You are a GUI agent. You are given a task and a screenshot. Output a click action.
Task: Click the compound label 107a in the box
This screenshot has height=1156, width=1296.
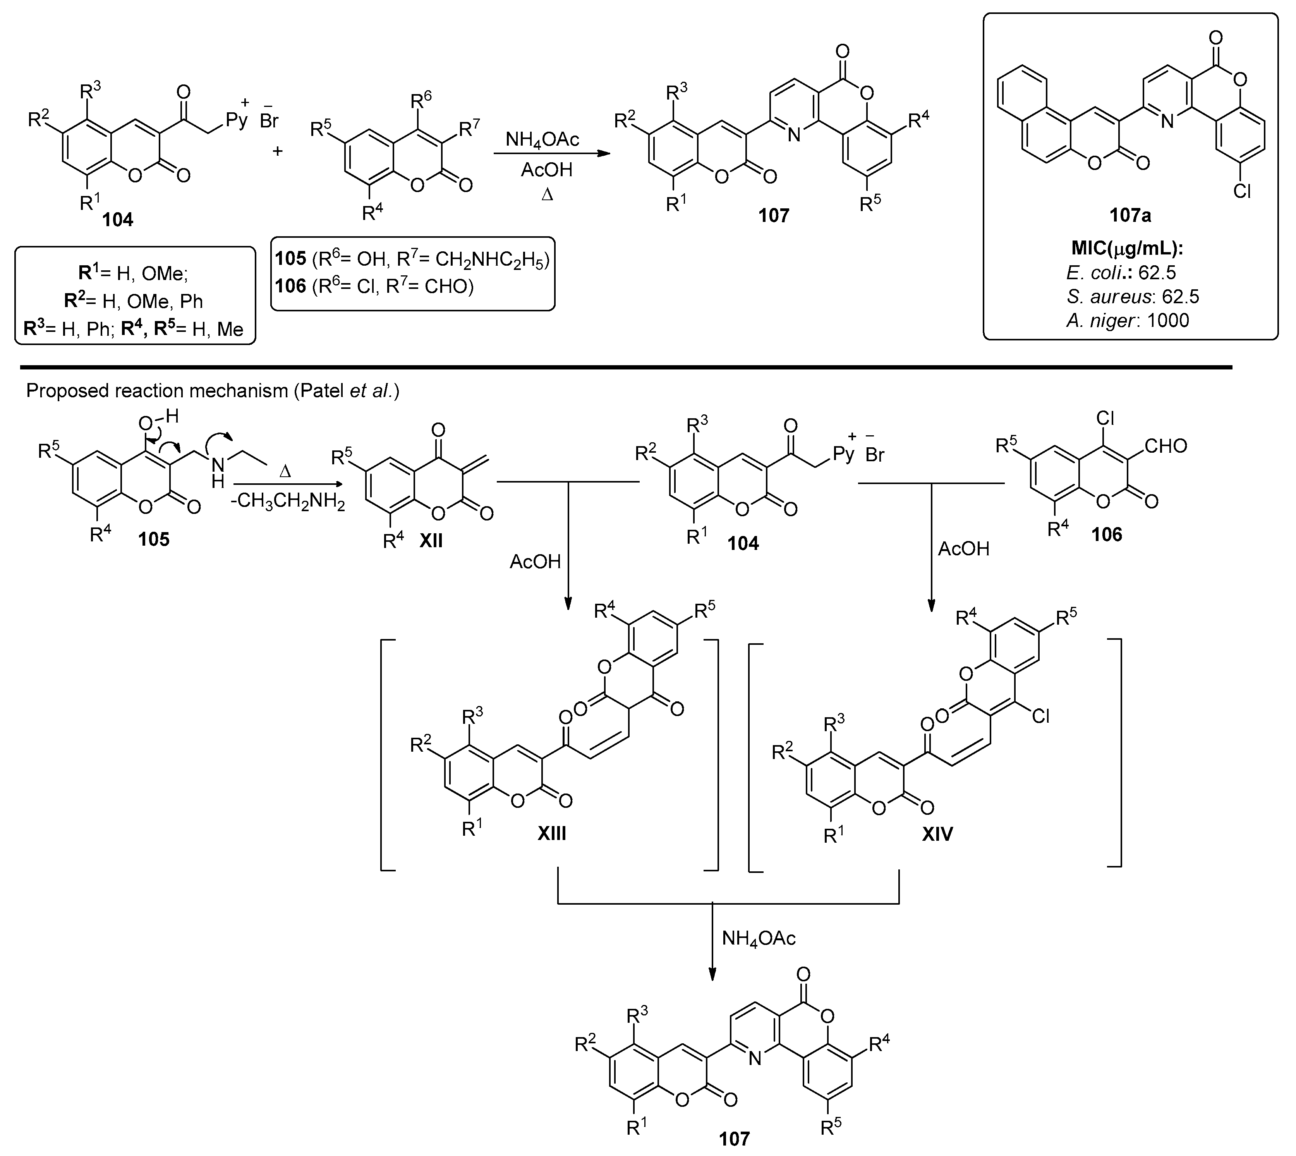[1130, 215]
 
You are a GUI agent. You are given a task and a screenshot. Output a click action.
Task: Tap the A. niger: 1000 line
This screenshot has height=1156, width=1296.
[1128, 320]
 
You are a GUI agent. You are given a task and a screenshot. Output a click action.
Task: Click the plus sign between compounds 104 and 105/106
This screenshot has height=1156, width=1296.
[278, 151]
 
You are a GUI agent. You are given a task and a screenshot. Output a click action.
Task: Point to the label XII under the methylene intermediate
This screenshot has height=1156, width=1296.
[431, 541]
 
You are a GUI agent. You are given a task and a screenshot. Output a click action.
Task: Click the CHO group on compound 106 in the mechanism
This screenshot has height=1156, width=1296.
[1166, 446]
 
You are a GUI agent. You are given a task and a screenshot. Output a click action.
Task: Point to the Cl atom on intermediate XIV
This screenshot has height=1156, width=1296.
[1040, 716]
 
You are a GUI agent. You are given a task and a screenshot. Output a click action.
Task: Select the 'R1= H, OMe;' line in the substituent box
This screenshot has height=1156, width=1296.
[133, 274]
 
